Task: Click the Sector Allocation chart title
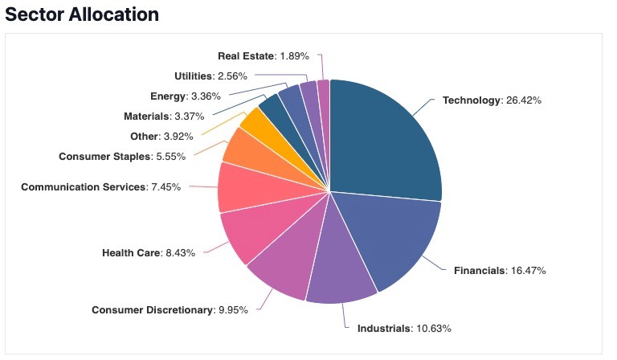pyautogui.click(x=82, y=14)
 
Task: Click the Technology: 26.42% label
pyautogui.click(x=492, y=100)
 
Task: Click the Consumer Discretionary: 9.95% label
pyautogui.click(x=175, y=309)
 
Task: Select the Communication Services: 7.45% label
pyautogui.click(x=100, y=186)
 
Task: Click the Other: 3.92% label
pyautogui.click(x=161, y=136)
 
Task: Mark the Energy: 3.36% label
pyautogui.click(x=182, y=96)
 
